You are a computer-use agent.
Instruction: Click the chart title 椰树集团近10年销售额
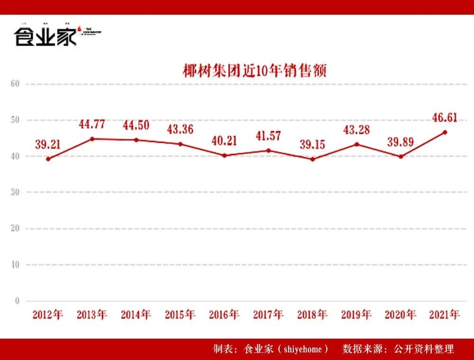point(255,71)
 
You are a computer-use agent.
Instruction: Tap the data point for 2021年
point(444,132)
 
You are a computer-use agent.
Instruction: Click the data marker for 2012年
point(48,159)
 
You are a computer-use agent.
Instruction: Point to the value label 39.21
point(47,144)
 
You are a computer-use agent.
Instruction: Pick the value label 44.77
point(91,125)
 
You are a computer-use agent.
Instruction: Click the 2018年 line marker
point(312,159)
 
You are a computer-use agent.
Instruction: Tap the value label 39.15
point(312,144)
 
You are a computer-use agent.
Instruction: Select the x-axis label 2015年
point(180,315)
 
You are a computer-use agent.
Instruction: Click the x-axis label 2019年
point(356,315)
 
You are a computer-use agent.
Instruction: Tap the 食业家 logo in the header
point(45,36)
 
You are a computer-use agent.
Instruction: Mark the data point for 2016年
point(224,155)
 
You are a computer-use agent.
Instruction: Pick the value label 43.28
point(356,130)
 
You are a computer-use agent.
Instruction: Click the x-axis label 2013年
point(92,315)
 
